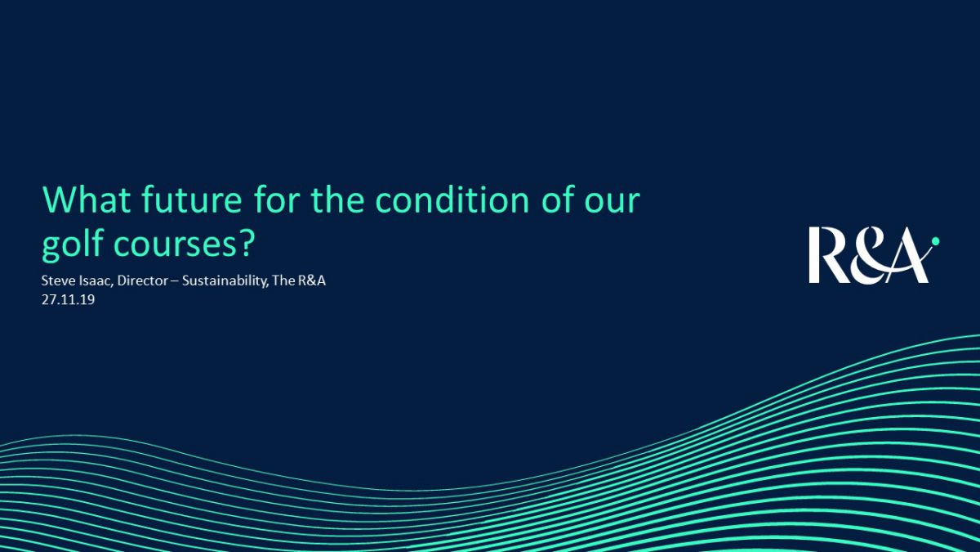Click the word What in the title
[x=87, y=200]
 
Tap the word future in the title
[x=192, y=200]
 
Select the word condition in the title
[x=452, y=200]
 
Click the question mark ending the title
[x=247, y=243]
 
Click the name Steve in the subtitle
[x=57, y=280]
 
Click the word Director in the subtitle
[x=143, y=280]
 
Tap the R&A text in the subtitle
[x=311, y=280]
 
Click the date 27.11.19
[x=69, y=299]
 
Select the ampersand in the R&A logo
[x=867, y=255]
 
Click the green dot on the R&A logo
[x=935, y=241]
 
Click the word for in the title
[x=277, y=200]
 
